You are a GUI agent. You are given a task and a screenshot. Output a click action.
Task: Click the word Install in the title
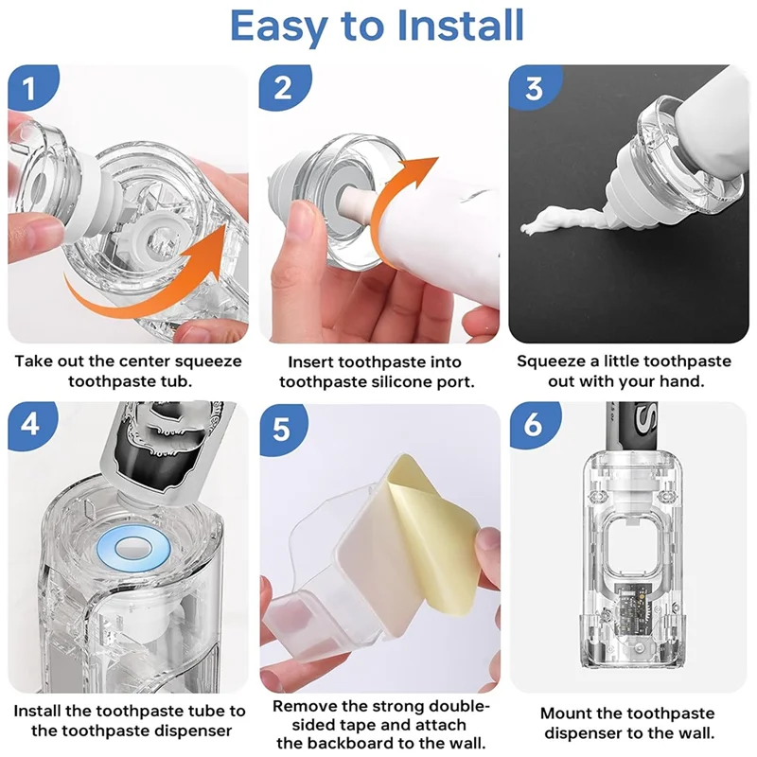pos(462,26)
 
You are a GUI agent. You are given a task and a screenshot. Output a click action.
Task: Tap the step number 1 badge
pos(31,87)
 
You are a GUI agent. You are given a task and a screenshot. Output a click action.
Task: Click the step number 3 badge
pos(535,87)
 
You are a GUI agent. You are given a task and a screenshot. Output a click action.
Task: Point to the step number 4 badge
pos(31,425)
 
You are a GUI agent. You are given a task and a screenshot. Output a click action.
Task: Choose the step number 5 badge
pos(283,429)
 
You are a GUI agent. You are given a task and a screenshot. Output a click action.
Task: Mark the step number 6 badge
pos(534,425)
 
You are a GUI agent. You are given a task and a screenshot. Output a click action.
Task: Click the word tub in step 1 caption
pos(176,381)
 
